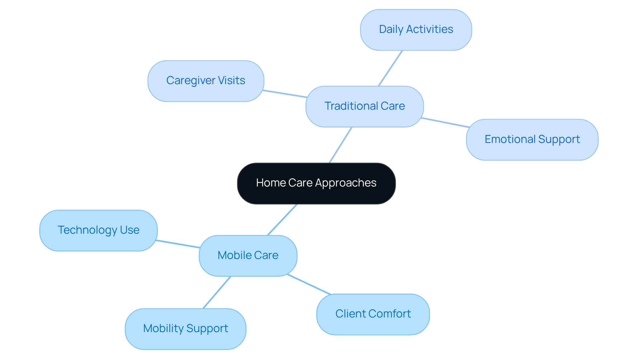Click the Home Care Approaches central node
coord(316,183)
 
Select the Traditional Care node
coord(364,106)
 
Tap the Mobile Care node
coord(248,255)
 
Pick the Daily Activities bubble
coord(416,30)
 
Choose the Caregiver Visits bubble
coord(206,81)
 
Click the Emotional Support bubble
coord(532,140)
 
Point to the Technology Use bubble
coord(98,230)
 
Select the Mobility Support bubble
coord(185,328)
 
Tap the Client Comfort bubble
coord(373,314)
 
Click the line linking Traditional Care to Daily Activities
coord(390,68)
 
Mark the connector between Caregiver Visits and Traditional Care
coord(285,94)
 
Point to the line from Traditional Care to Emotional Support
coord(445,123)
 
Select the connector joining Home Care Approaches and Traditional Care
coord(340,145)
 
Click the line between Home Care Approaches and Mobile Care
coord(282,220)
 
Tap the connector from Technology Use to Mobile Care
coord(178,244)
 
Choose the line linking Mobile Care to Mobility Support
coord(217,293)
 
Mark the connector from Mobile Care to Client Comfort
coord(309,285)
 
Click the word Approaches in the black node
coord(346,183)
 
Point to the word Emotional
coord(510,139)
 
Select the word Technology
coord(87,230)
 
